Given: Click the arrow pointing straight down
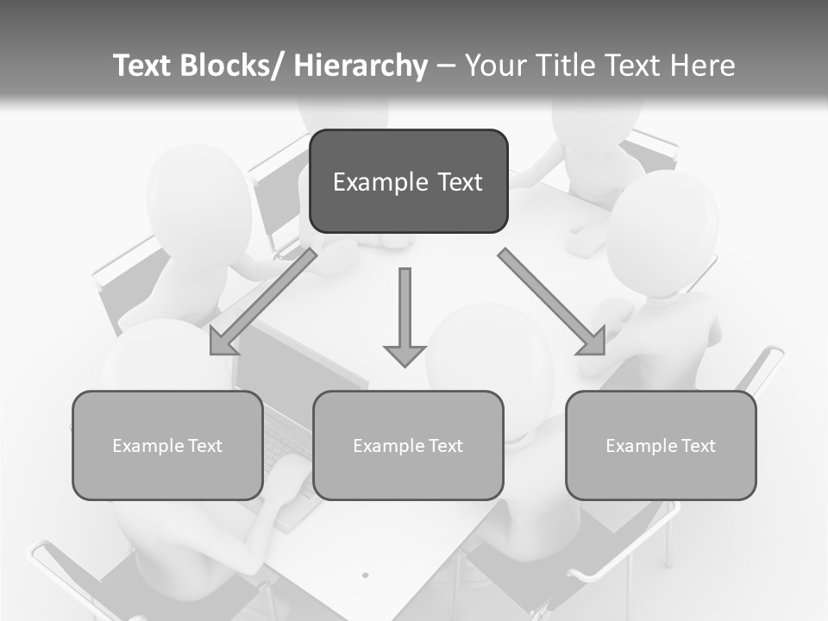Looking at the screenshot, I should coord(405,315).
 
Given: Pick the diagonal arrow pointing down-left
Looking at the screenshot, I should coord(263,302).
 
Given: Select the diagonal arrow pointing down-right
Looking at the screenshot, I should coord(552,302).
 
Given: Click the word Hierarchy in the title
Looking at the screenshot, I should coord(361,66).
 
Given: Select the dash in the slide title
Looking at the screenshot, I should coord(446,66).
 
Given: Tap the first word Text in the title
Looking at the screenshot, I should coord(144,66).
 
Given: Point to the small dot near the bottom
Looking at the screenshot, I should coord(365,574).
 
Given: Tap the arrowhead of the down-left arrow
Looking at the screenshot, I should coord(222,342).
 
